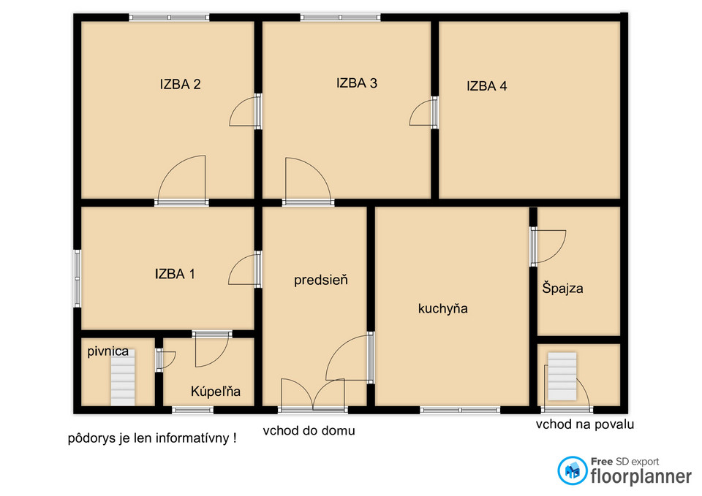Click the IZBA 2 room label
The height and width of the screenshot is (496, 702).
coord(180,84)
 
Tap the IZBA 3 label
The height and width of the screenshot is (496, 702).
coord(357,83)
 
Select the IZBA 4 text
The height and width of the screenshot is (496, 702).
coord(487,86)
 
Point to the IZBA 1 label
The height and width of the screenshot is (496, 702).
coord(175,274)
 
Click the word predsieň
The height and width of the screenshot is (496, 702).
coord(320,280)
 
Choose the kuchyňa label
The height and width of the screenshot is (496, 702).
coord(443,308)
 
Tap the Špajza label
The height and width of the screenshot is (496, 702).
coord(563,288)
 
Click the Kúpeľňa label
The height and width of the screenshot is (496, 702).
coord(215,392)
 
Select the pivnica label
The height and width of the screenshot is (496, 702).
coord(108,351)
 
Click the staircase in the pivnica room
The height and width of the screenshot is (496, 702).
coord(123,378)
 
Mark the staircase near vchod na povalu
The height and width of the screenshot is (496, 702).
coord(562,377)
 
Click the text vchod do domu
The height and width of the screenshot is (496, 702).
coord(309,431)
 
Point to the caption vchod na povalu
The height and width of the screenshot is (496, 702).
coord(585,424)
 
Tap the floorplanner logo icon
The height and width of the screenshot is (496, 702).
coord(572,470)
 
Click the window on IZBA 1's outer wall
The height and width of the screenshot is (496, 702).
coord(78,278)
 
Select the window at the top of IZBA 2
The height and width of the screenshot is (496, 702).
coord(169,18)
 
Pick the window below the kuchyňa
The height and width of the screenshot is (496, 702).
coord(460,410)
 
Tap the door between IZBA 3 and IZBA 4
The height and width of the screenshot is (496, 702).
coord(434,112)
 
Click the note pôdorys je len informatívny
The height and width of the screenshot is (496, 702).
coord(152,438)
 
